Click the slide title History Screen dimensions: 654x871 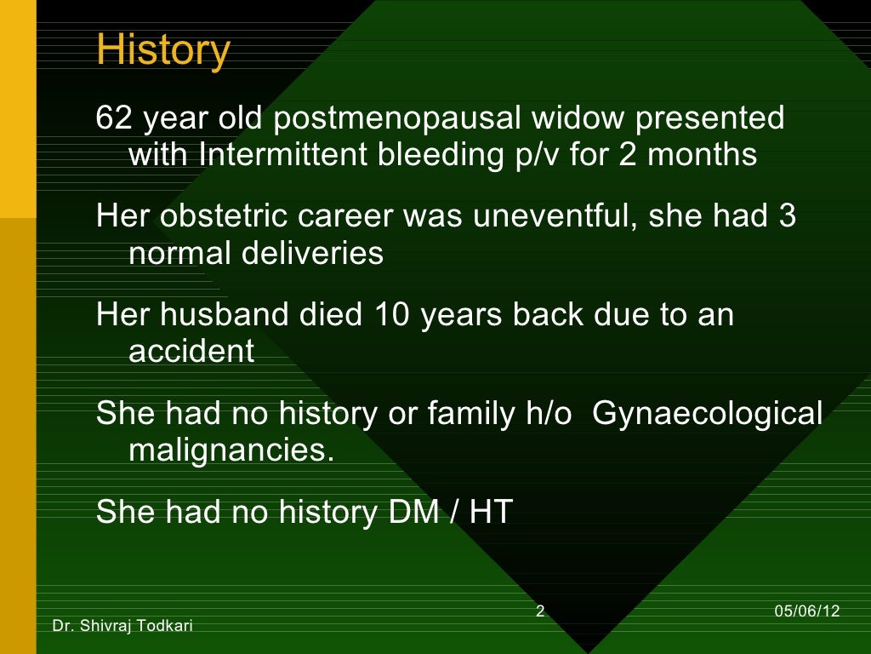click(162, 50)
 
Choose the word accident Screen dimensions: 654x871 click(191, 352)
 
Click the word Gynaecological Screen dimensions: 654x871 click(706, 414)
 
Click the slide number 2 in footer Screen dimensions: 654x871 click(540, 611)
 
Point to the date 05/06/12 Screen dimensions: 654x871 click(807, 611)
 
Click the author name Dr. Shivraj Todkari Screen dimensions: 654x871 click(122, 627)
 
